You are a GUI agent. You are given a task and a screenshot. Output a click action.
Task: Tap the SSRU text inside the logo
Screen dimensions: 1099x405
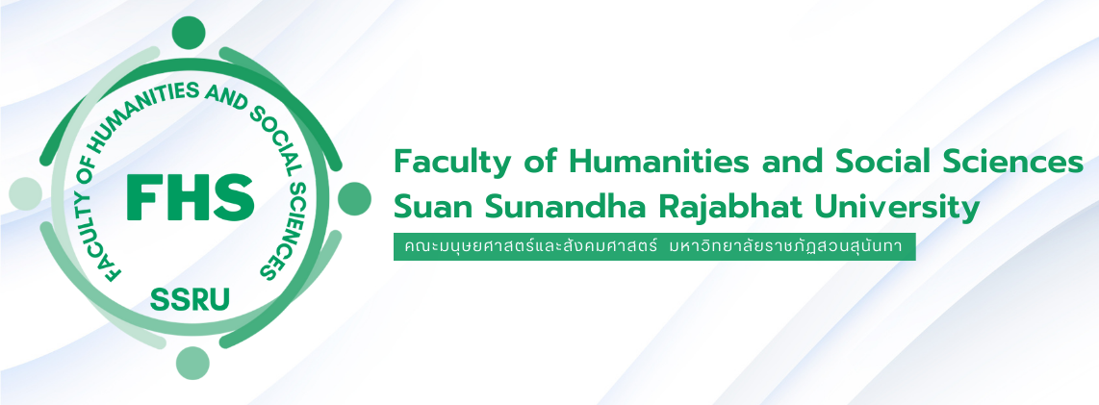190,300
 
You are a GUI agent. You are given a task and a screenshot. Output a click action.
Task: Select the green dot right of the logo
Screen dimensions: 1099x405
355,198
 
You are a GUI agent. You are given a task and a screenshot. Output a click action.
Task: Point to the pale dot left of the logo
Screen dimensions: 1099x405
25,193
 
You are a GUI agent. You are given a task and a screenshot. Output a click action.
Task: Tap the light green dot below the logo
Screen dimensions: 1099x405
192,363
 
